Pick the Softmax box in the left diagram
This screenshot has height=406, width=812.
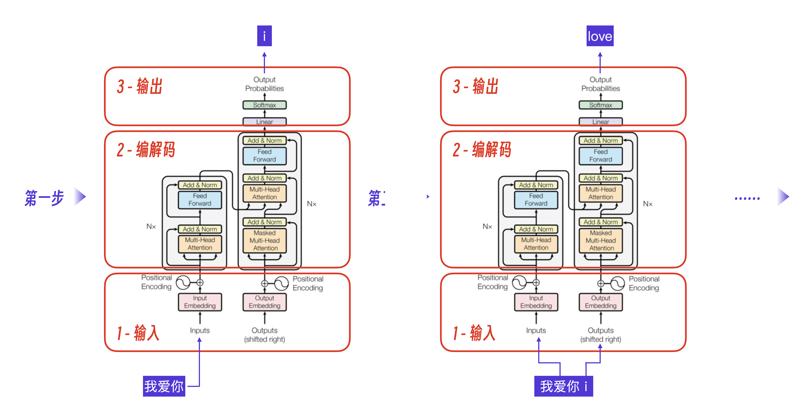(x=265, y=105)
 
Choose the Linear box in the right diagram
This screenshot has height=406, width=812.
(x=600, y=121)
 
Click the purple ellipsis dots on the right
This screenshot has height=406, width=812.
(x=747, y=198)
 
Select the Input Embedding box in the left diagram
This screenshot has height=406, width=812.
(x=200, y=302)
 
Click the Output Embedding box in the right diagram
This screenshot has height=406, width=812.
(x=600, y=302)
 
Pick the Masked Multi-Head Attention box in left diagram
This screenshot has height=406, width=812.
(x=265, y=240)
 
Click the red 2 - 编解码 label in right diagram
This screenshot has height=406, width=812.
(x=482, y=149)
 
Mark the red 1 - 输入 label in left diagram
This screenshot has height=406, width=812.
(x=138, y=333)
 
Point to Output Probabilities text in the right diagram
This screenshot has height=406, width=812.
(x=600, y=84)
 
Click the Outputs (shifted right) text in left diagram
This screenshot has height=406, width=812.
(x=265, y=335)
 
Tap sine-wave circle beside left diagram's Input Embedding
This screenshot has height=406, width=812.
(x=183, y=283)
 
